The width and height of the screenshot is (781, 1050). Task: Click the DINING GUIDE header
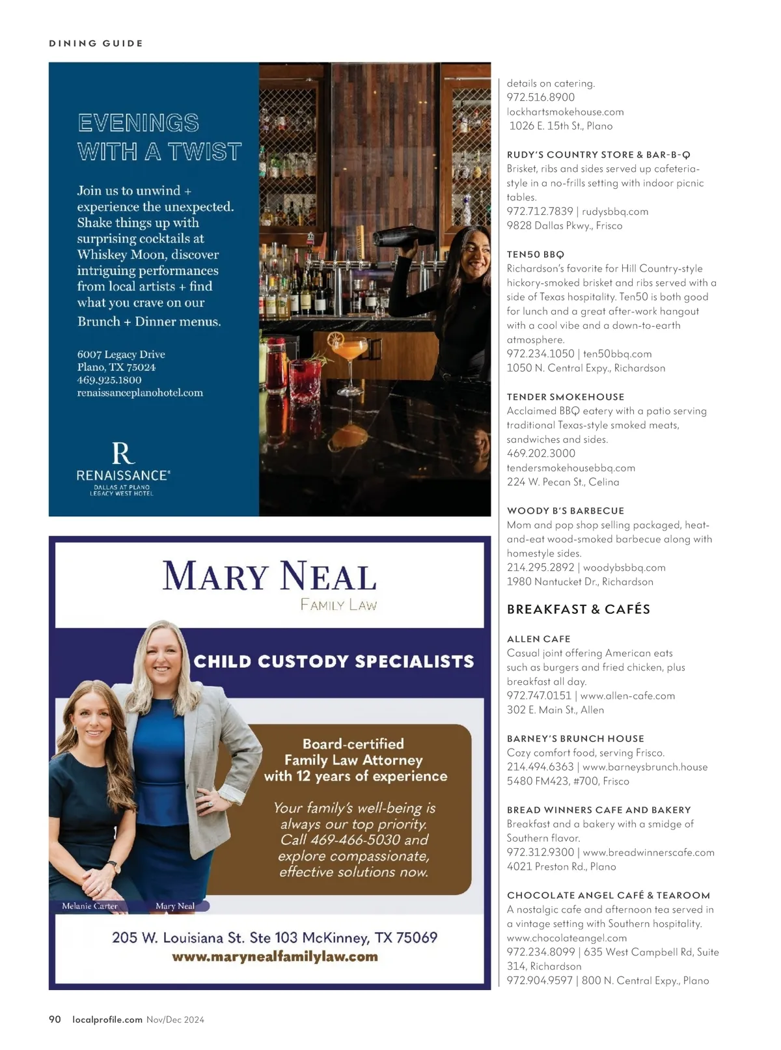coord(96,44)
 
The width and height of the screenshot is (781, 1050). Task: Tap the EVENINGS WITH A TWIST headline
coord(159,137)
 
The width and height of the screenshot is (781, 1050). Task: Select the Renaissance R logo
coord(123,453)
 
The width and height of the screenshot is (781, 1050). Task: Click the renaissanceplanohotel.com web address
coord(140,393)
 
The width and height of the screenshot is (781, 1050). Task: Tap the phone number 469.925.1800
coord(109,380)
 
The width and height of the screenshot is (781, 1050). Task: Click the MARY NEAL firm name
coord(269,577)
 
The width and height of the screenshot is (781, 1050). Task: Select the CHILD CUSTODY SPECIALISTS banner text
coord(334,662)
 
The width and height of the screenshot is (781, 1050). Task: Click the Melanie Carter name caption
coord(90,905)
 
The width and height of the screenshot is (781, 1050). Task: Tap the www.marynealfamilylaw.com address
coord(275,956)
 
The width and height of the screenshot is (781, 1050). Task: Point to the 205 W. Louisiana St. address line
coord(275,937)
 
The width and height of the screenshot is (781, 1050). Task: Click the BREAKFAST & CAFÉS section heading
coord(578,609)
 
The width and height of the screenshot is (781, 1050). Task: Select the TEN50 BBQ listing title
coord(535,255)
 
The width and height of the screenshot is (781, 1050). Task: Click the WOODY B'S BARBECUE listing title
coord(565,511)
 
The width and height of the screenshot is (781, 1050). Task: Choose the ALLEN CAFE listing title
coord(538,639)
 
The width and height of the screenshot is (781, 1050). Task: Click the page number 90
coord(55,1019)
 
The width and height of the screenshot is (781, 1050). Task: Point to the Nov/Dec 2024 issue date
coord(175,1020)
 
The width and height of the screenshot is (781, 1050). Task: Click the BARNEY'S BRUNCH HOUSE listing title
coord(575,739)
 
